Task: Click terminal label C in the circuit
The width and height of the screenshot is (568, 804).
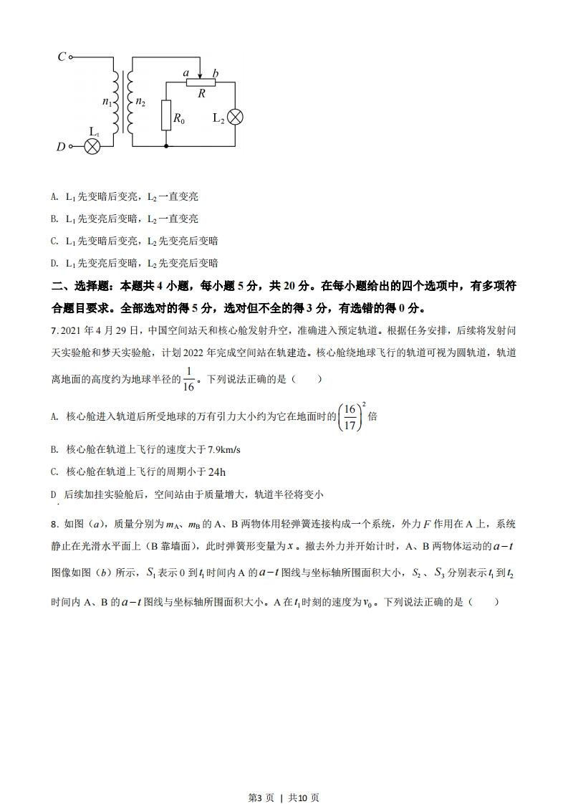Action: click(62, 57)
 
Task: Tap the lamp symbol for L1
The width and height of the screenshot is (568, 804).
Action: click(92, 146)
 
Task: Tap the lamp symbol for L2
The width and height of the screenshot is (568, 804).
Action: click(235, 117)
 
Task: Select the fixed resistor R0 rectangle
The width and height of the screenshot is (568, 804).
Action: click(166, 115)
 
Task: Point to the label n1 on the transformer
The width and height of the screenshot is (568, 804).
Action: click(107, 102)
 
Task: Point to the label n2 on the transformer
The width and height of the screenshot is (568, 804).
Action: click(140, 102)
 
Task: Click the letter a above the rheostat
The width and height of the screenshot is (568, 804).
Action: click(186, 72)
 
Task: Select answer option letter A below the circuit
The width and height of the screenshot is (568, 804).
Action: click(54, 196)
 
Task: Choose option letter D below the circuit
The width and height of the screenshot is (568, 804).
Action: click(54, 263)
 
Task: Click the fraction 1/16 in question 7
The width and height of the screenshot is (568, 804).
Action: click(189, 378)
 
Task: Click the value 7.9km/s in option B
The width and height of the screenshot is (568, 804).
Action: click(224, 449)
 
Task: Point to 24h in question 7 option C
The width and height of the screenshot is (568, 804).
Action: click(217, 472)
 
